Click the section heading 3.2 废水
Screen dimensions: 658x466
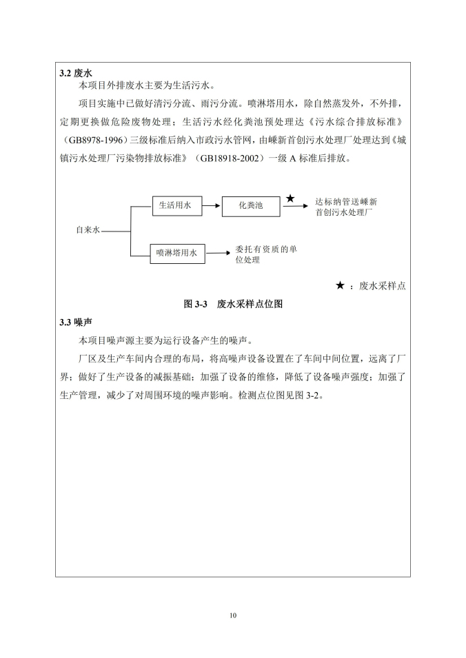coord(77,72)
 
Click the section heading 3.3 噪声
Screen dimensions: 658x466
coord(77,322)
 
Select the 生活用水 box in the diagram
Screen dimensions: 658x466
coord(175,205)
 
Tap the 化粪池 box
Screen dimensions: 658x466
coord(252,206)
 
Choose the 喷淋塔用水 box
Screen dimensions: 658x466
coord(176,254)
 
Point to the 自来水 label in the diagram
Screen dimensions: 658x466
coord(88,230)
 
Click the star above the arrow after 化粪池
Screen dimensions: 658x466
coord(290,198)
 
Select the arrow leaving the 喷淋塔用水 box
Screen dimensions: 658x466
coord(216,254)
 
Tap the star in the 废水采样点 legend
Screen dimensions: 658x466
coord(340,285)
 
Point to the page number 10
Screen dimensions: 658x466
coord(233,615)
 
